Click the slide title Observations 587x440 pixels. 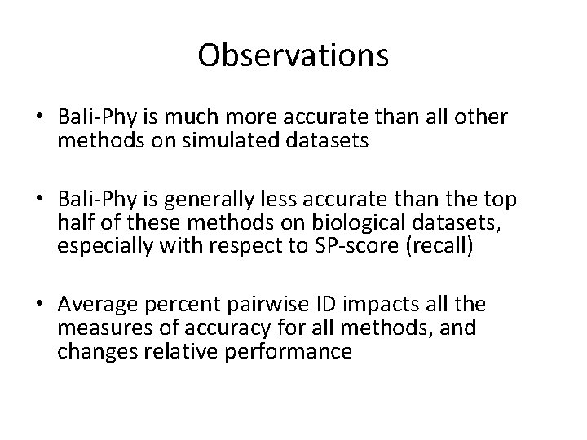coord(293,55)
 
